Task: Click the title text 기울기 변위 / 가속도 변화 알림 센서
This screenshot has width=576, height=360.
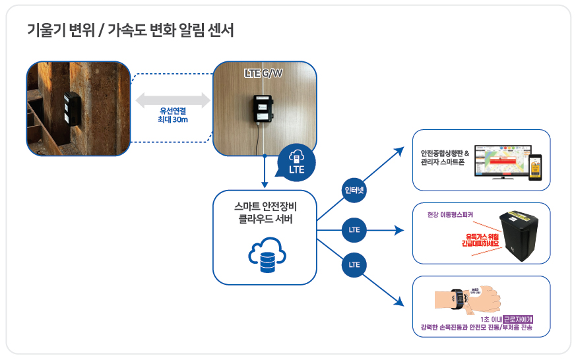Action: coord(130,30)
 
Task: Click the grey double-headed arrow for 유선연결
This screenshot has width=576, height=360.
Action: coord(173,100)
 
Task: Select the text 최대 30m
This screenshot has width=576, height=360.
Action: coord(173,121)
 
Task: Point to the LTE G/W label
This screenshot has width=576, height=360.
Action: coord(263,73)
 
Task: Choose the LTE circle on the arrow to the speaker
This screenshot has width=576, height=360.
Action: coord(354,230)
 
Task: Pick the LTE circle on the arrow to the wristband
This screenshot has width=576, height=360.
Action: coord(354,265)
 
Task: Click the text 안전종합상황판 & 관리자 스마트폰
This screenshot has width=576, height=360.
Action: coord(444,158)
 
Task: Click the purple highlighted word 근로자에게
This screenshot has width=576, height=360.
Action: coord(517,319)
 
